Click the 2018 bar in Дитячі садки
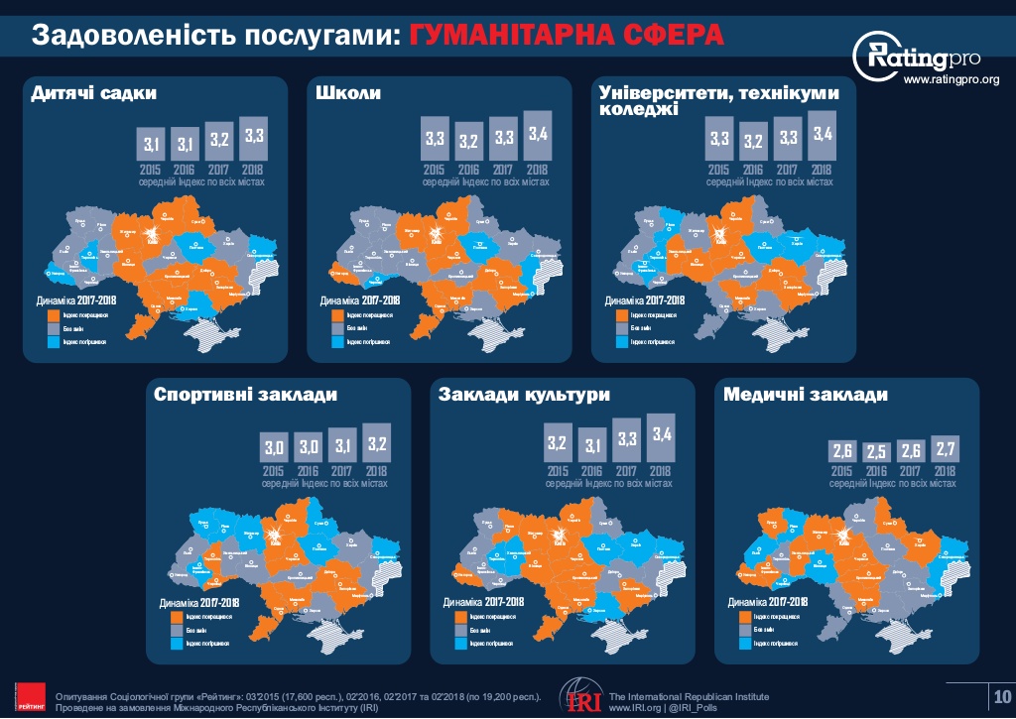[x=253, y=140]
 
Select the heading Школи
[x=348, y=94]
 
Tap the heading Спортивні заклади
[x=246, y=395]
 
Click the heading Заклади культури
[x=524, y=395]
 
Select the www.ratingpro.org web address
[x=951, y=79]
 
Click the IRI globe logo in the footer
[x=580, y=695]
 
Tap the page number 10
[x=1001, y=695]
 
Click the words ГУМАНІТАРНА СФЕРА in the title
[x=566, y=37]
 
